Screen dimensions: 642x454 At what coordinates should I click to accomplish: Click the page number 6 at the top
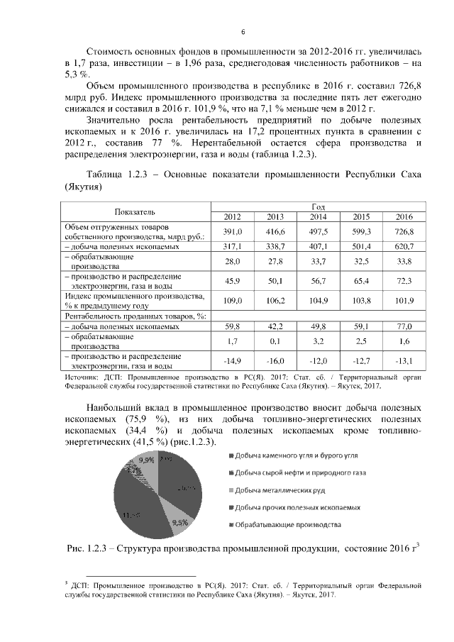click(x=243, y=33)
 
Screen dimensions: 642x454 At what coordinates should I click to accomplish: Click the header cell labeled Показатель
click(x=135, y=211)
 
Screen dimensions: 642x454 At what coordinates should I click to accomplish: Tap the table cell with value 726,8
click(x=404, y=231)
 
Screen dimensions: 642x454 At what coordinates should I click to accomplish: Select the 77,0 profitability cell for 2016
click(x=404, y=327)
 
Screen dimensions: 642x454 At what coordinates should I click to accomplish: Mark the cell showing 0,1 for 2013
click(x=275, y=341)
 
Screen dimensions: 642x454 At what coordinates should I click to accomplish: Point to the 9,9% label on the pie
click(x=147, y=460)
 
